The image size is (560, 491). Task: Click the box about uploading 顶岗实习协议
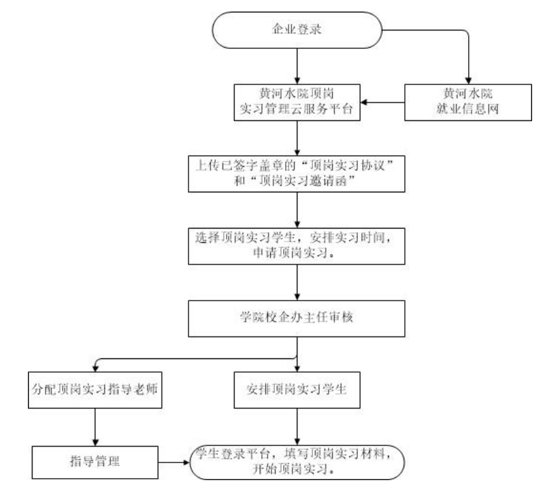click(297, 173)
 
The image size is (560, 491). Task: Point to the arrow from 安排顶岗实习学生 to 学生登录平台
click(297, 427)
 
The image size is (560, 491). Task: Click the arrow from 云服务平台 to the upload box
click(297, 139)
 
